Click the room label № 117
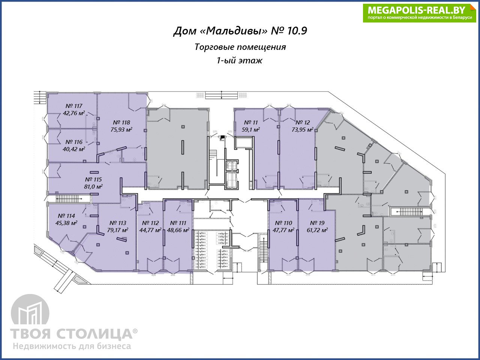coord(74,106)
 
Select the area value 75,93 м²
coord(121,130)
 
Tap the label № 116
coord(74,142)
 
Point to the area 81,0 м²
coord(93,187)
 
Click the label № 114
coord(66,216)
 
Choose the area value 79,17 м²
coord(118,230)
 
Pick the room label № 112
coord(150,223)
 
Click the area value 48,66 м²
coord(178,230)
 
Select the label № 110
coord(283,223)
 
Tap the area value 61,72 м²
coord(317,230)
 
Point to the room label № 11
coord(251,123)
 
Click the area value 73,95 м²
coord(303,130)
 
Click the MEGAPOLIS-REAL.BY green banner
coord(419,13)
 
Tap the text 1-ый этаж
coord(240,60)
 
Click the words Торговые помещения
coord(240,47)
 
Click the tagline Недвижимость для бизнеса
coord(72,346)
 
